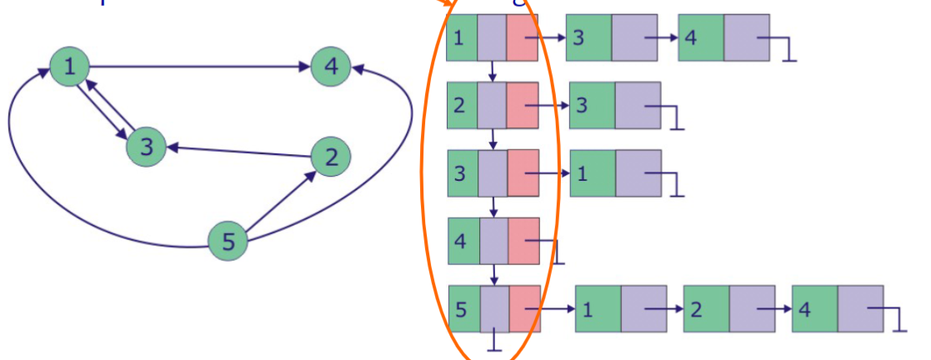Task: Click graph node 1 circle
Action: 69,66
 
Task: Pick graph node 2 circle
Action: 331,157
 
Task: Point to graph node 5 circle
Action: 228,242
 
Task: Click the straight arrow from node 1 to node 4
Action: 200,66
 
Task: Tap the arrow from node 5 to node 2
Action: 280,200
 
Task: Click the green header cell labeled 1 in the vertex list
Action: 462,37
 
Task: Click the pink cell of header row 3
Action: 523,173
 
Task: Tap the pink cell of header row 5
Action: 524,308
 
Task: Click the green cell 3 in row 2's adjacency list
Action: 592,105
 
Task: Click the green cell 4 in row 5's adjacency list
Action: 814,308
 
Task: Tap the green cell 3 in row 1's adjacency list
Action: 588,37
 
